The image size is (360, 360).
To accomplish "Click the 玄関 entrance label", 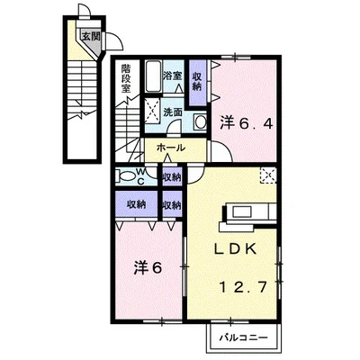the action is coord(91,36).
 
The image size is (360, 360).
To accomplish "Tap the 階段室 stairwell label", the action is coord(126,78).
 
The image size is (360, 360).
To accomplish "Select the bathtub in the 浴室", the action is coord(154,76).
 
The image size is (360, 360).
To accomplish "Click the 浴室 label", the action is coord(173,76).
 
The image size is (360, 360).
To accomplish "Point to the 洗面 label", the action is coord(173,112).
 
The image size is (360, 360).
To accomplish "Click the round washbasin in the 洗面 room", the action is coord(200,122).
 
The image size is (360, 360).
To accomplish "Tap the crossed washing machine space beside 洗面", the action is coord(153,110).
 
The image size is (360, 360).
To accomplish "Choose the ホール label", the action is coord(171,148).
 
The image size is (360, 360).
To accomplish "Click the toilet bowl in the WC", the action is coord(127,175).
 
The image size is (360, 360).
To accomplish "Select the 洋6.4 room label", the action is coord(247,123).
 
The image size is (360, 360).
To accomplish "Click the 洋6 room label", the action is coord(148,267).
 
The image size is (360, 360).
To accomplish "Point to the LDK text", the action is coord(235,248).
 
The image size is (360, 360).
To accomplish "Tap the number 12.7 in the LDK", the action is coord(244,287).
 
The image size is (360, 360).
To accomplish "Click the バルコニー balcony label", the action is coord(243,338).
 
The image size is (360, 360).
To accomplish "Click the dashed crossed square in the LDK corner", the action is coord(268,175).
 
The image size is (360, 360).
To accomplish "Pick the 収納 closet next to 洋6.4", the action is coord(198,82).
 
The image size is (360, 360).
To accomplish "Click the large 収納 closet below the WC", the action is coord(137,204).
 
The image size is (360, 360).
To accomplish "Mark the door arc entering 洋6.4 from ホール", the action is coord(221,151).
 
